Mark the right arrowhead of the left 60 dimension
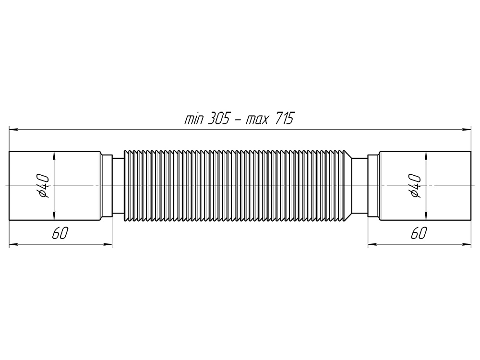point(108,244)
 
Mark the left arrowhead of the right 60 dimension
point(372,244)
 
